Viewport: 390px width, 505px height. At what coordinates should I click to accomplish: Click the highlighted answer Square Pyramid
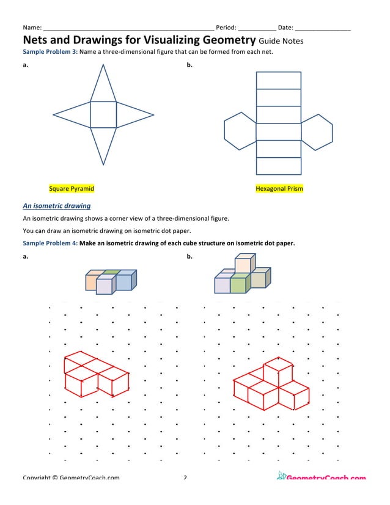pos(72,188)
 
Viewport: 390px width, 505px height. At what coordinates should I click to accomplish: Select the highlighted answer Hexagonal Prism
pos(279,188)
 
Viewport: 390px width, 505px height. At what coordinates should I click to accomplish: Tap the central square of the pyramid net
pos(103,114)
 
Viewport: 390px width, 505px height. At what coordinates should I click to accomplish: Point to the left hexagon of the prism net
pos(240,132)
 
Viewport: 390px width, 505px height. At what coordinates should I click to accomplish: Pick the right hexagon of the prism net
pos(317,132)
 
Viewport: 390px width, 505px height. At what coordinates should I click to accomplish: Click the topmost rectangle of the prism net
pos(278,80)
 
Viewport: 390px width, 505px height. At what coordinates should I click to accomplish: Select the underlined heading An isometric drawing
pos(56,206)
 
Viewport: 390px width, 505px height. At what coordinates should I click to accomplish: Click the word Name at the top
pos(32,28)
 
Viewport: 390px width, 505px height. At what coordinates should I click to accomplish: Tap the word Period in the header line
pos(226,28)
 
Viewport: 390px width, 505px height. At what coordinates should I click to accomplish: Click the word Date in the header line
pos(285,28)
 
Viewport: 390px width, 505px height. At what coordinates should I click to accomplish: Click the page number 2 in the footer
pos(185,477)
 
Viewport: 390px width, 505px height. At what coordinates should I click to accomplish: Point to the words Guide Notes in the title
pos(281,41)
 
